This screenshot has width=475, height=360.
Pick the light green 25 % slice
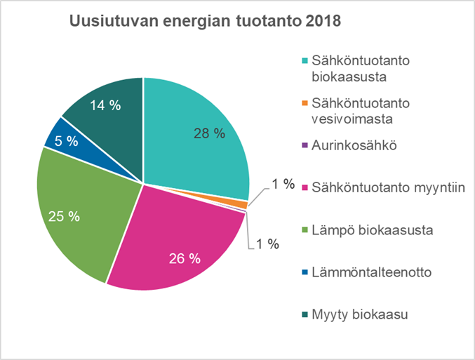pos(77,204)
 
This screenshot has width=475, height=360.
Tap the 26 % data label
pos(185,258)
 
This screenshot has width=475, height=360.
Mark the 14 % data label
pos(105,105)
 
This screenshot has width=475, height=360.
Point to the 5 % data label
pos(67,140)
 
